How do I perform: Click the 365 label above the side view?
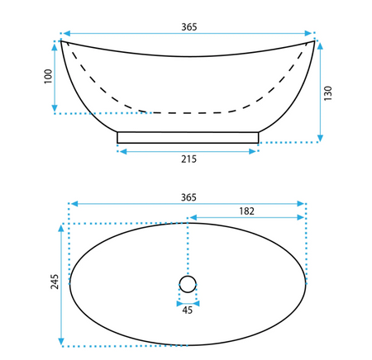(x=189, y=27)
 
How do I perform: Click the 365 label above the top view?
(x=188, y=197)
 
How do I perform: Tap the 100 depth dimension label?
(x=48, y=77)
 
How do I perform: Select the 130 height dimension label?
(x=328, y=93)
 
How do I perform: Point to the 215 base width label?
(x=188, y=159)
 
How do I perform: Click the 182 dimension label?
(x=246, y=211)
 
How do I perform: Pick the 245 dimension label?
(x=55, y=282)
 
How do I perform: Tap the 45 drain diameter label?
(x=188, y=310)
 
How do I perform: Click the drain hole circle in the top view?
(x=188, y=276)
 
